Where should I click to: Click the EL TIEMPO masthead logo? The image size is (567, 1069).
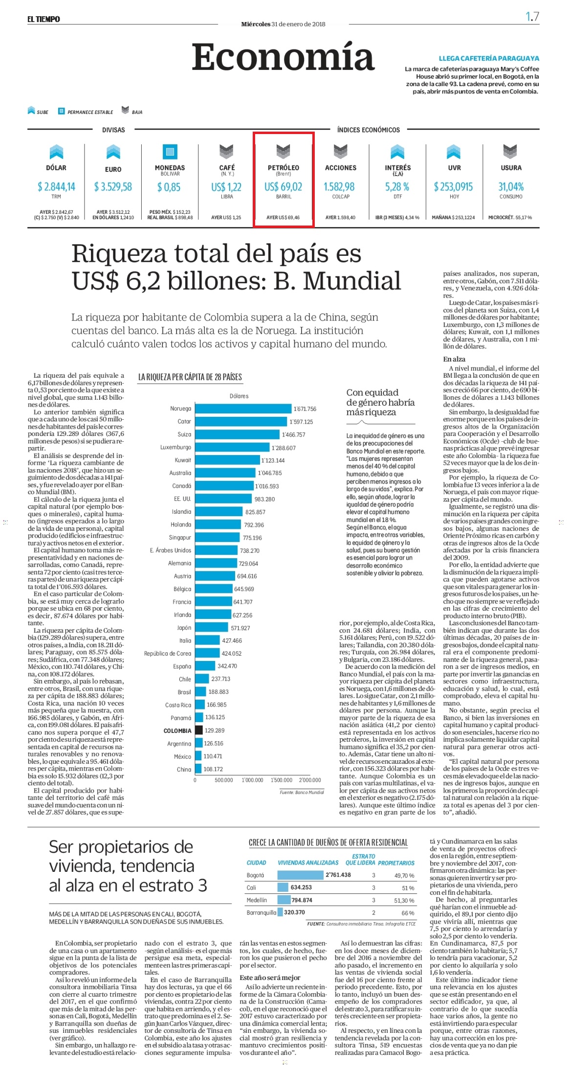pyautogui.click(x=44, y=19)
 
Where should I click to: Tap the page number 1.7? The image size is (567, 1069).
pyautogui.click(x=532, y=17)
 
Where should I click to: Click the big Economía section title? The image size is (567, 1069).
pyautogui.click(x=283, y=57)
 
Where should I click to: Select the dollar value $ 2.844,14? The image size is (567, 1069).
pyautogui.click(x=56, y=186)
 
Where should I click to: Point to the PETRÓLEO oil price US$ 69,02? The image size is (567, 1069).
pyautogui.click(x=283, y=186)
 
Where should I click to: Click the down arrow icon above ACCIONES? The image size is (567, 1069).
pyautogui.click(x=341, y=152)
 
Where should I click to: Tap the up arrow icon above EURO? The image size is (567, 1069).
pyautogui.click(x=113, y=152)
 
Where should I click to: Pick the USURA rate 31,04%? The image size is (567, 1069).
pyautogui.click(x=511, y=186)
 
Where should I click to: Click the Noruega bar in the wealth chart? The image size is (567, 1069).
pyautogui.click(x=243, y=409)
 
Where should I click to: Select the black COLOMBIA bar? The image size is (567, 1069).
pyautogui.click(x=199, y=730)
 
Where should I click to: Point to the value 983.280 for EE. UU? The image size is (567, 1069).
pyautogui.click(x=264, y=499)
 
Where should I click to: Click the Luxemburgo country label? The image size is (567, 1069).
pyautogui.click(x=176, y=447)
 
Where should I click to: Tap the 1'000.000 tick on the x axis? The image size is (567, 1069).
pyautogui.click(x=253, y=780)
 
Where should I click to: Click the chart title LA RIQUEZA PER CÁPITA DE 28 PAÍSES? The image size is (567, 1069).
pyautogui.click(x=190, y=377)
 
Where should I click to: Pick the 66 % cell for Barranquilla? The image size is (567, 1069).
pyautogui.click(x=408, y=913)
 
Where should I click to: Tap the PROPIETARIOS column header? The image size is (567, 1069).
pyautogui.click(x=396, y=863)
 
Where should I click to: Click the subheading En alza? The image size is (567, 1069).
pyautogui.click(x=454, y=359)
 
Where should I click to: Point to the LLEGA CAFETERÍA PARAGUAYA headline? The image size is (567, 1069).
pyautogui.click(x=489, y=58)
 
